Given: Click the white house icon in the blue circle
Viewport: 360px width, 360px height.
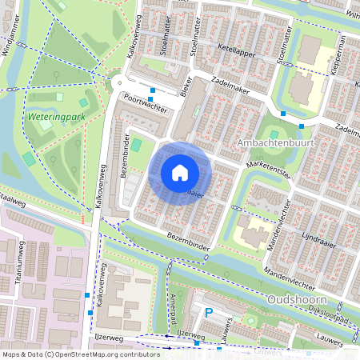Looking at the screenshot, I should point(180,172).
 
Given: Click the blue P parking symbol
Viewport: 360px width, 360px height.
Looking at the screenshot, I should point(210,314).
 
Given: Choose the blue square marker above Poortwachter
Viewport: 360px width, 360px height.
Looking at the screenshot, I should point(152,90).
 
